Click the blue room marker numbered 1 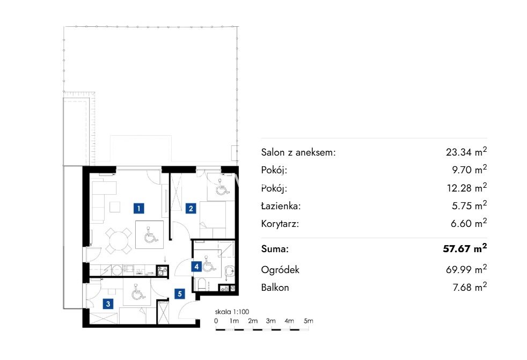tap(139, 208)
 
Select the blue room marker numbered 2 tap(191, 208)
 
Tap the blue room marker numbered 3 tap(108, 304)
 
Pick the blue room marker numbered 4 tap(196, 267)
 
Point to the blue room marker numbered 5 tap(179, 294)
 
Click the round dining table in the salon tap(118, 241)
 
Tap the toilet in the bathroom tap(202, 284)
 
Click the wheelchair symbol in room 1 tap(151, 234)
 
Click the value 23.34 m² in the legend tap(466, 152)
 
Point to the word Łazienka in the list tap(281, 205)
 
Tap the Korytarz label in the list tap(280, 224)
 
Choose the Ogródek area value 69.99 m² tap(466, 269)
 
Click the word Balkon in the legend tap(275, 288)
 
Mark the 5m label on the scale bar tap(308, 321)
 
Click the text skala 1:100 tap(232, 312)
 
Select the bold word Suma tap(275, 249)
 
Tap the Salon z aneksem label tap(298, 152)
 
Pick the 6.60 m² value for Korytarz tap(469, 223)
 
